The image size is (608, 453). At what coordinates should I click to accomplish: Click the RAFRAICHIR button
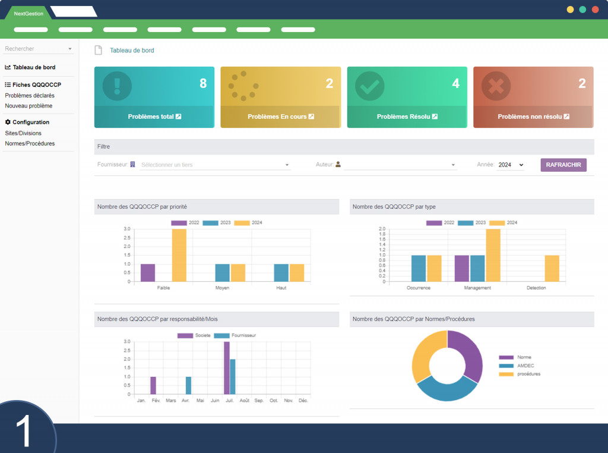(563, 165)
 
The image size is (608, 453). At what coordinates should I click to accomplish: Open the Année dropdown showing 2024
(510, 165)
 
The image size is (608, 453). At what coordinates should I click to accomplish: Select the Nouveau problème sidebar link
(28, 106)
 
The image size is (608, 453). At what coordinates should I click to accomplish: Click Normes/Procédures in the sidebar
(30, 143)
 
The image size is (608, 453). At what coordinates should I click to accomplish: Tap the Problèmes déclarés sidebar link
(30, 96)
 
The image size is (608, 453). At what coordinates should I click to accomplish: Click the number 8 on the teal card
(203, 83)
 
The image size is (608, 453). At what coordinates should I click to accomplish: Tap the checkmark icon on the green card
(369, 86)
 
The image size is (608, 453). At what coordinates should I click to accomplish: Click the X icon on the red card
(496, 86)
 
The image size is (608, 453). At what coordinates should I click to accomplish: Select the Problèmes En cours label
(277, 117)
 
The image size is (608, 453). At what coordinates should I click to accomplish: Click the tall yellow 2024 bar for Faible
(179, 255)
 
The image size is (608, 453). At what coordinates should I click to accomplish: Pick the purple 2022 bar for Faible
(148, 272)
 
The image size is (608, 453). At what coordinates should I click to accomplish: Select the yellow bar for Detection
(552, 268)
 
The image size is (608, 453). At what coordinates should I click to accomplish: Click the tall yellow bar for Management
(493, 255)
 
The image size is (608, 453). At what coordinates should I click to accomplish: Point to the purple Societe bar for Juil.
(227, 368)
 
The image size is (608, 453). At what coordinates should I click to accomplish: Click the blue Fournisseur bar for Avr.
(188, 385)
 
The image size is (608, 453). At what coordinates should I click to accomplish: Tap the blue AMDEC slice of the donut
(446, 390)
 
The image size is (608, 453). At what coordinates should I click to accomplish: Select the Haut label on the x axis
(281, 288)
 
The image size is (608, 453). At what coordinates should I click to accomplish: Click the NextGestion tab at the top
(28, 14)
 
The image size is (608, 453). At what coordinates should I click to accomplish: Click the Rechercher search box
(38, 49)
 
